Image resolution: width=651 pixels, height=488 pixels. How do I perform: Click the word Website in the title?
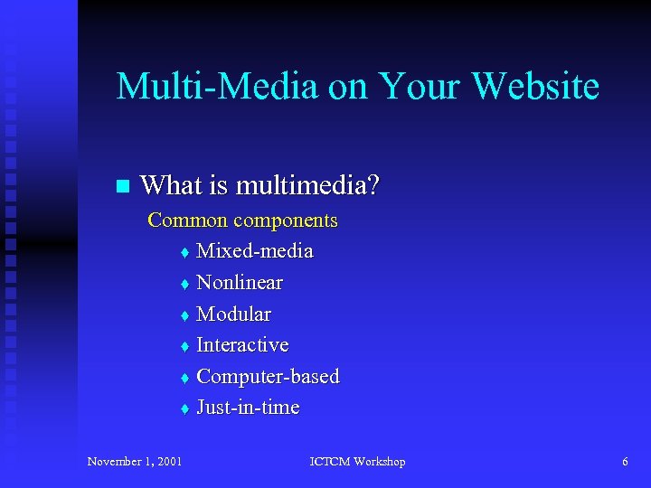(535, 87)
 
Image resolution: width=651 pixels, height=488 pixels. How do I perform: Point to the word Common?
(187, 220)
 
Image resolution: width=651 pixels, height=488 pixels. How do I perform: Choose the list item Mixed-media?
(255, 251)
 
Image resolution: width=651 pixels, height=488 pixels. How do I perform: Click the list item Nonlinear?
(240, 283)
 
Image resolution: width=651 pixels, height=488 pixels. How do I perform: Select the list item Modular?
(233, 314)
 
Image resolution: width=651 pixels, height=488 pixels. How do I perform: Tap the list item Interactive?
(242, 345)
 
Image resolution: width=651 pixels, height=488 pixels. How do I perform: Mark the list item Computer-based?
(268, 376)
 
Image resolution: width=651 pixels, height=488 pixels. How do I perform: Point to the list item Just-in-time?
(248, 408)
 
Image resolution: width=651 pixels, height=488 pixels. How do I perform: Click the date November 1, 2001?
(135, 462)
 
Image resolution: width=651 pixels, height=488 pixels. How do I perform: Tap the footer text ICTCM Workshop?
(357, 462)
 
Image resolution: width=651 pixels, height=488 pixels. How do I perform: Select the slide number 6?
(625, 462)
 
